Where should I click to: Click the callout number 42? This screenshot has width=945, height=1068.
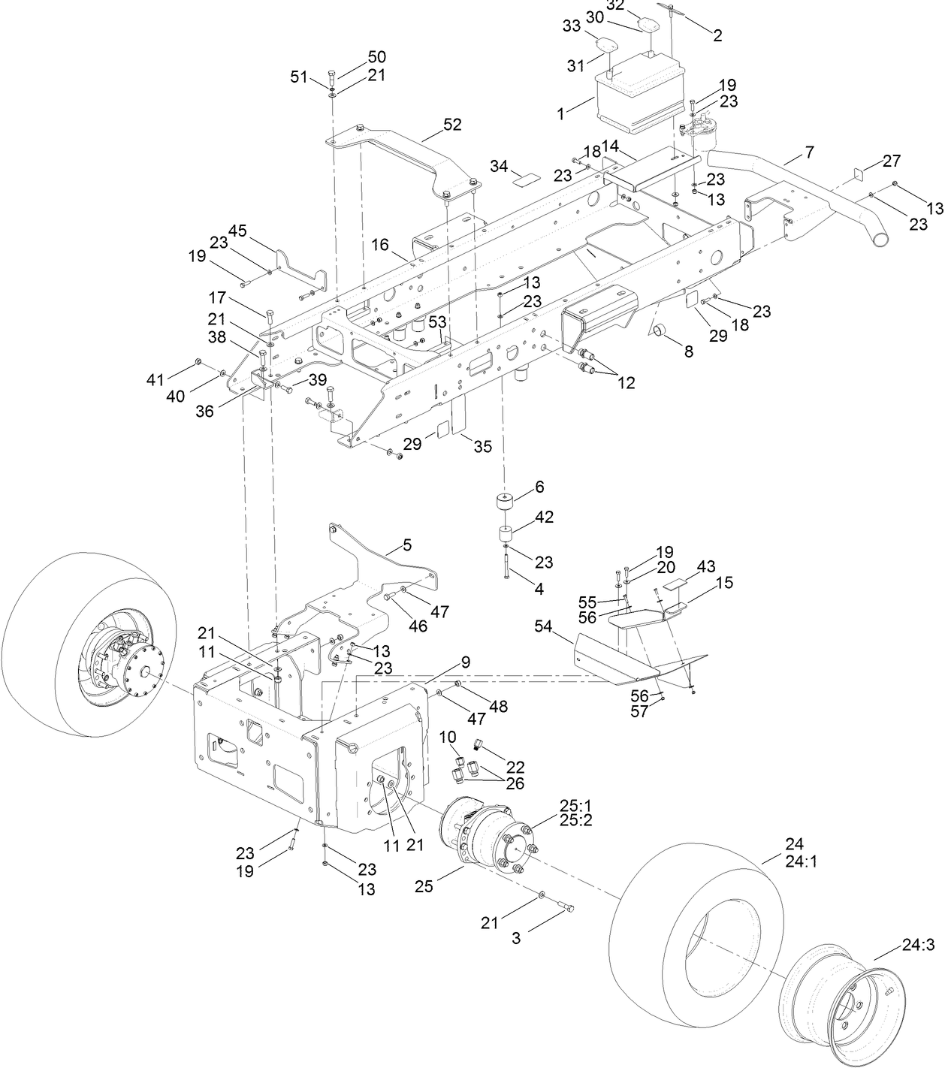(x=544, y=517)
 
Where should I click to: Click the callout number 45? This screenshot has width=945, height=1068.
(x=237, y=231)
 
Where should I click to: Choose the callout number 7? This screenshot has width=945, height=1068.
(x=808, y=152)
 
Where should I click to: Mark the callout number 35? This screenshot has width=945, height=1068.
(x=482, y=446)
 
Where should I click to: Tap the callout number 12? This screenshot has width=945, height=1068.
(x=626, y=383)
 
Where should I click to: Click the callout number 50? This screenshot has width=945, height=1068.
(x=376, y=57)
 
